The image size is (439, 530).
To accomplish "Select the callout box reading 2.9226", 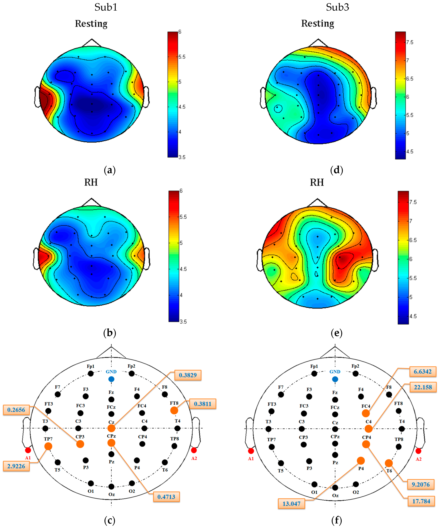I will [x=16, y=466].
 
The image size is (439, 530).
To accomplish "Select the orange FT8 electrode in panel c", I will [x=174, y=410].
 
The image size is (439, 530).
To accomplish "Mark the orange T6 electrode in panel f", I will [x=389, y=463].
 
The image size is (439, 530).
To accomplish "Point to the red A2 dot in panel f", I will [x=418, y=451].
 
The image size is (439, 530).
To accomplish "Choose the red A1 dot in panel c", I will [x=28, y=450].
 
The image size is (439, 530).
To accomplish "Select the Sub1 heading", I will [x=106, y=7].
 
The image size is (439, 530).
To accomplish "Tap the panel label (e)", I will [x=337, y=333].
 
